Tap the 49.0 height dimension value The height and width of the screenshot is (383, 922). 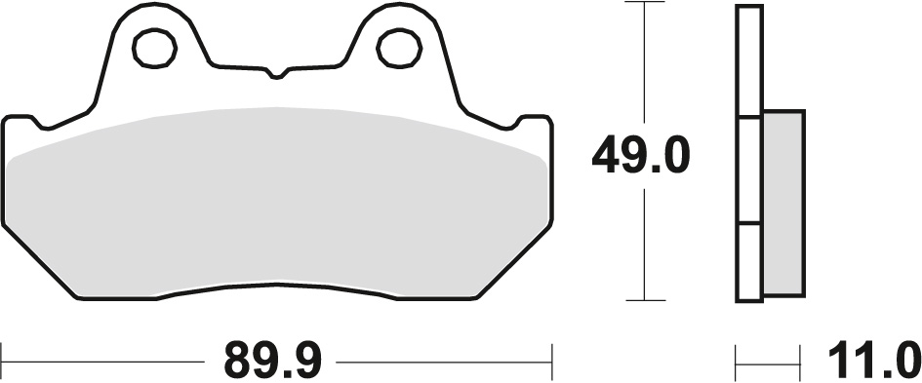(641, 155)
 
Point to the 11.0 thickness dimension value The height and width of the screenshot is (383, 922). (874, 361)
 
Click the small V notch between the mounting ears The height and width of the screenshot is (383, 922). (277, 74)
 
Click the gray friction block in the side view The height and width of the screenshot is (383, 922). (782, 202)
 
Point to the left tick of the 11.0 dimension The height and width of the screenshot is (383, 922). (737, 362)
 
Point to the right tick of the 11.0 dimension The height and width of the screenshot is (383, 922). (800, 362)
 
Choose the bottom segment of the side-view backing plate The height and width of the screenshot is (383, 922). (748, 260)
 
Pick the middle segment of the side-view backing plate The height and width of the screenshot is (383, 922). (748, 172)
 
